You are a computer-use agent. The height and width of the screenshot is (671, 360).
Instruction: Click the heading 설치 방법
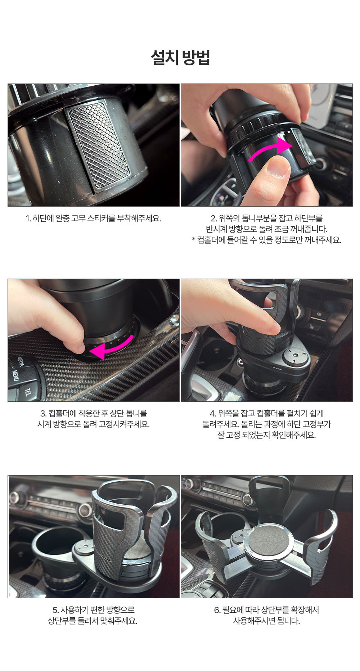coord(180,58)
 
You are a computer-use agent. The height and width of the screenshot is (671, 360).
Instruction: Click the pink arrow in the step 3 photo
coord(112,347)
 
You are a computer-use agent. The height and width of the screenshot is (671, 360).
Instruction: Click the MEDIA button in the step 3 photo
coord(21,361)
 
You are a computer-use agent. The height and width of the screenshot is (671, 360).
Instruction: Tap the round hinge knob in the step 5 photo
coord(84,549)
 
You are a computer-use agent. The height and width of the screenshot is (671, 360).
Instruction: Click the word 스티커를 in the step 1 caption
coord(101,219)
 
